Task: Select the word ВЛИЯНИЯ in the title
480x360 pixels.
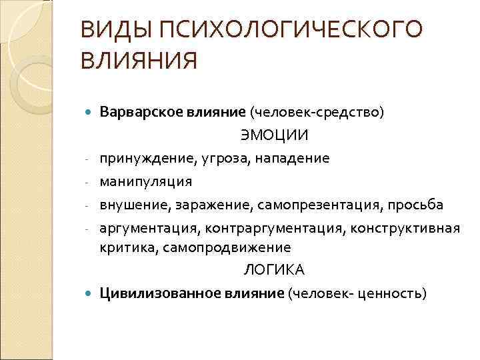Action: pyautogui.click(x=138, y=61)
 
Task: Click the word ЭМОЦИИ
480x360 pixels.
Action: pyautogui.click(x=274, y=136)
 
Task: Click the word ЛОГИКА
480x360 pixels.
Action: pyautogui.click(x=273, y=270)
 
